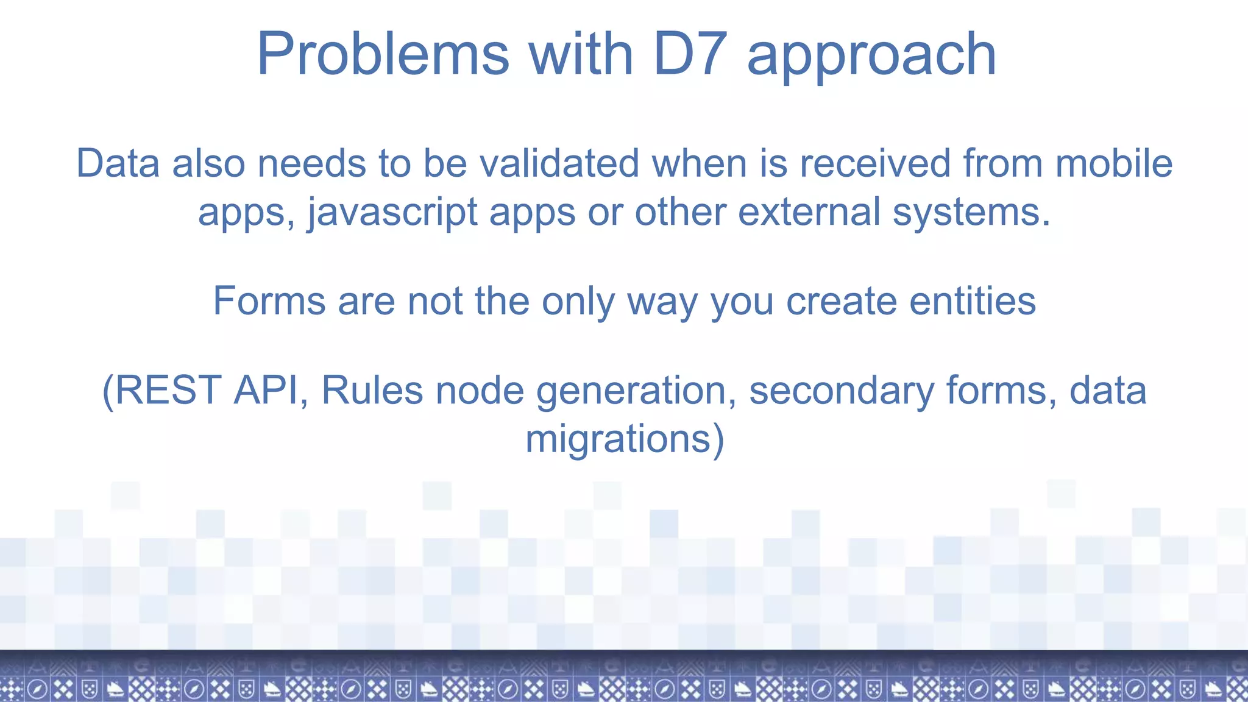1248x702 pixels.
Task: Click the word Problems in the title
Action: pos(383,55)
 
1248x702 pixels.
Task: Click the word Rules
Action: pos(372,390)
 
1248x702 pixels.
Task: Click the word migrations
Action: pos(618,439)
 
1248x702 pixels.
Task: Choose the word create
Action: pos(842,301)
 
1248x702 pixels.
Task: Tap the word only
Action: pos(578,302)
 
